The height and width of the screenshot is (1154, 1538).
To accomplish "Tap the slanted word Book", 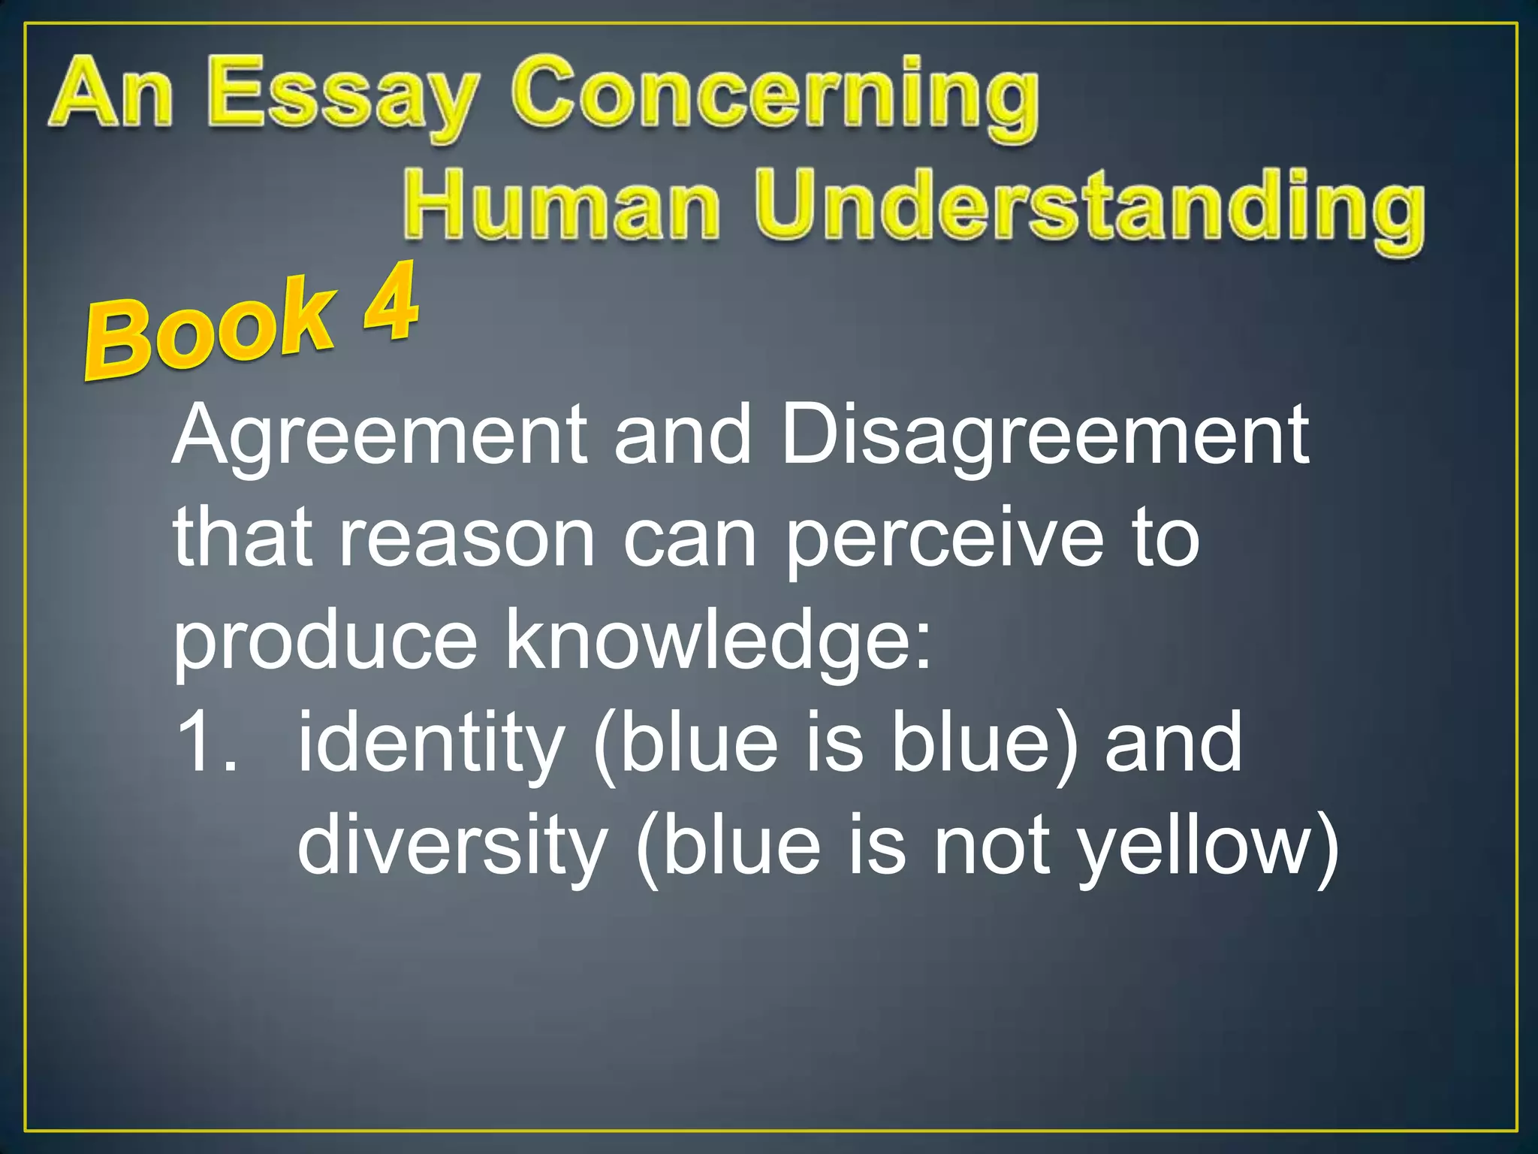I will pos(210,331).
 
